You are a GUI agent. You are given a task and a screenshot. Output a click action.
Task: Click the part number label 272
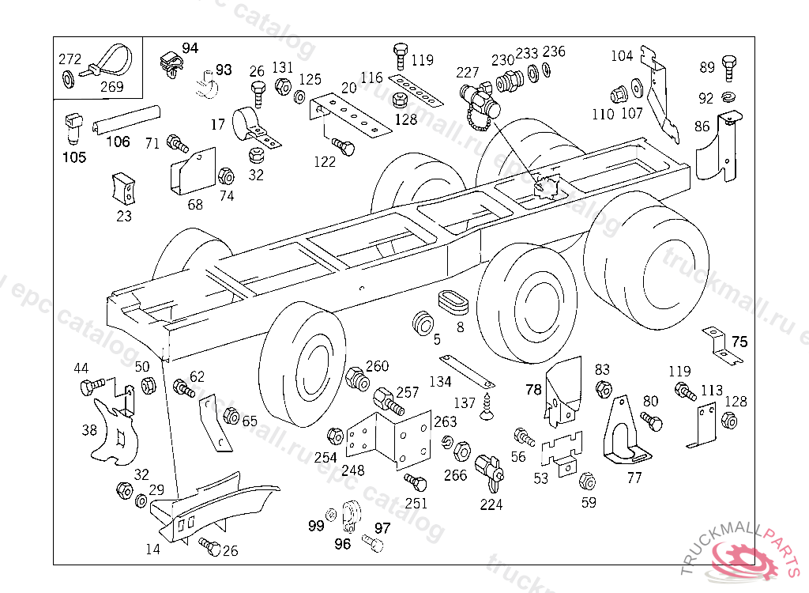coord(70,59)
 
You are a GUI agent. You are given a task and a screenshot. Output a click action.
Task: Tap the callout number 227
coord(468,71)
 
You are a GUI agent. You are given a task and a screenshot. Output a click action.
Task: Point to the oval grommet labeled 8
coord(453,302)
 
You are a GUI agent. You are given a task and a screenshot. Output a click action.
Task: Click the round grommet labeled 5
coord(423,324)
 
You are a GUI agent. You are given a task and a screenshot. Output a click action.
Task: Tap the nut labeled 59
coord(588,482)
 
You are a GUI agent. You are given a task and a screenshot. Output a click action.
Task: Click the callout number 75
coord(739,342)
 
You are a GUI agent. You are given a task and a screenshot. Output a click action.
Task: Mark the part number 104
coord(622,55)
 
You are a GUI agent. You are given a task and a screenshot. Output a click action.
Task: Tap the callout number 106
coord(118,142)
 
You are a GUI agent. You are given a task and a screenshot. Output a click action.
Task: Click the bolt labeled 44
coord(90,388)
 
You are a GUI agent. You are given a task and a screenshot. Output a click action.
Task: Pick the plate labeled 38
coord(111,432)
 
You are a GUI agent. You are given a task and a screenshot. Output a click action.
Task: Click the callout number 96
coord(342,543)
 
